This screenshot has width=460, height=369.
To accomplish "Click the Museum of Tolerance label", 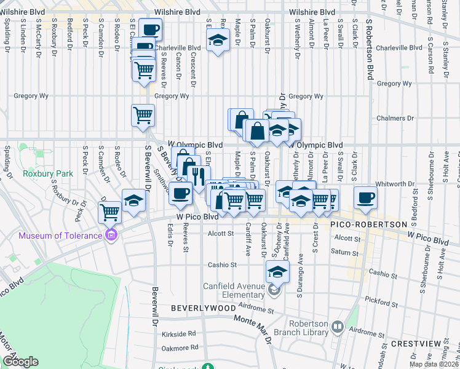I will tap(60, 236).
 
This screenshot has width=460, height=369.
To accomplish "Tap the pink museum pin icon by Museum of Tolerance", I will tap(111, 235).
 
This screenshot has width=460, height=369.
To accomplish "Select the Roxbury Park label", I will tap(47, 173).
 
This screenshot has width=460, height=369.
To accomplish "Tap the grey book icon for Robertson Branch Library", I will tap(336, 327).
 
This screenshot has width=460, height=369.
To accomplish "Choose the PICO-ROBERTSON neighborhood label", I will tap(368, 225).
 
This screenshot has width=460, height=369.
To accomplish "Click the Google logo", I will tap(20, 362).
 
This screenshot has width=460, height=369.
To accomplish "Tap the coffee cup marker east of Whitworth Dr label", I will tap(365, 197).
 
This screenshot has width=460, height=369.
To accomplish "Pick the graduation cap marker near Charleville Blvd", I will tap(217, 41).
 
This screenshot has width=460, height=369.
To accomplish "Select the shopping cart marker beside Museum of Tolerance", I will tap(110, 212).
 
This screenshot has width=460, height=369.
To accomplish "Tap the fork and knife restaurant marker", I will tap(197, 175).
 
